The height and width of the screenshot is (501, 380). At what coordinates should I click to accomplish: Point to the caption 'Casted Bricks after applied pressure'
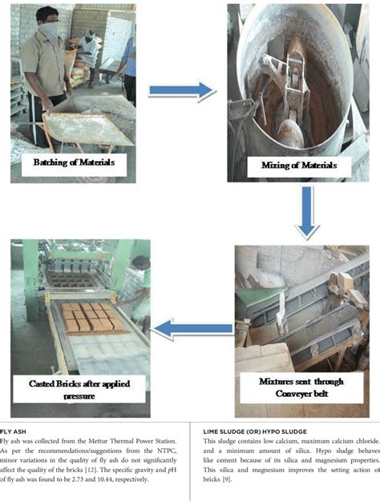(x=80, y=389)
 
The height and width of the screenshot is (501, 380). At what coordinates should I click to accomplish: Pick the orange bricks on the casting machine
(x=88, y=316)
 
